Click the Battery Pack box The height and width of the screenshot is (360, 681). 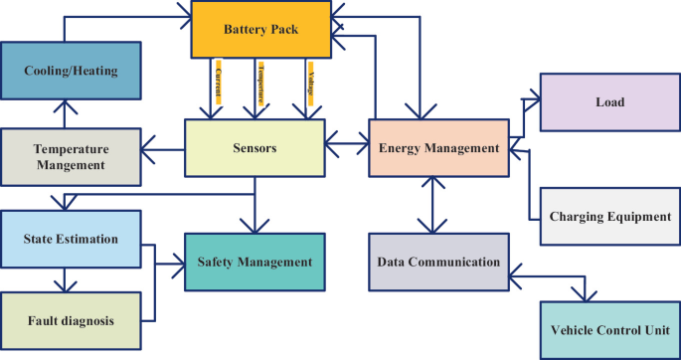pos(261,30)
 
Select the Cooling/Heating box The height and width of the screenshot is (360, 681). pos(71,71)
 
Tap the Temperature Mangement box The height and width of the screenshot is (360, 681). pos(71,157)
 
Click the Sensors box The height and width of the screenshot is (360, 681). pos(255,148)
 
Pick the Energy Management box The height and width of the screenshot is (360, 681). pos(437,148)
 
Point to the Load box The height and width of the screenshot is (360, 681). pos(608,101)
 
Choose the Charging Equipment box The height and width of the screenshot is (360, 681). pos(608,216)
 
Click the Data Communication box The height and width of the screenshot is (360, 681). pos(437,262)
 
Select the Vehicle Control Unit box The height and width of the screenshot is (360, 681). pos(608,329)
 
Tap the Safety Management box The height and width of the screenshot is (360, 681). pos(255,262)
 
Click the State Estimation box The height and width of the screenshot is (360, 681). pos(71,239)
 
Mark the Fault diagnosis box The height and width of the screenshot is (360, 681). pos(71,320)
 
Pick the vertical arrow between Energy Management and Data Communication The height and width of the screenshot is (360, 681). pos(428,205)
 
